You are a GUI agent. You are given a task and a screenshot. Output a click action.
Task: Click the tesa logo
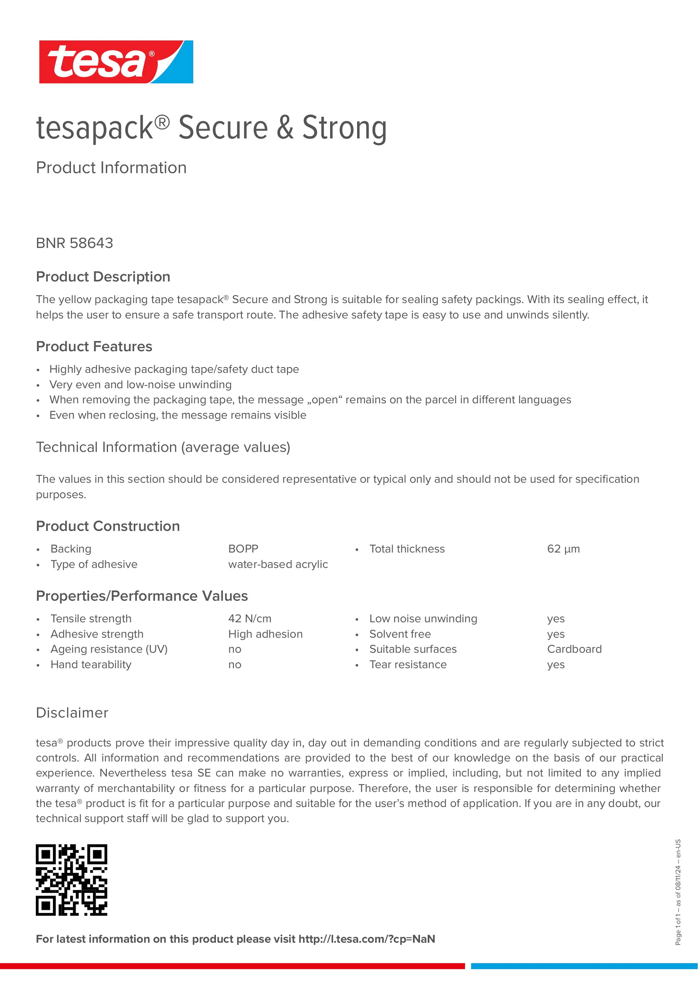[116, 62]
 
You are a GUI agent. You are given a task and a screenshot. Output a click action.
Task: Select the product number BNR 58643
[74, 243]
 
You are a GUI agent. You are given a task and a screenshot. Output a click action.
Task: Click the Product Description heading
[103, 277]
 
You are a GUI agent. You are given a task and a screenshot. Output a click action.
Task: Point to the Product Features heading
[94, 346]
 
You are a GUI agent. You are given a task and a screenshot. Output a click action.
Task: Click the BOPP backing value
[243, 549]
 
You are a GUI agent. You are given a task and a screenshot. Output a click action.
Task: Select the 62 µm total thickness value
[563, 549]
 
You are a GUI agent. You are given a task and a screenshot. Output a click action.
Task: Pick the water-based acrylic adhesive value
[278, 564]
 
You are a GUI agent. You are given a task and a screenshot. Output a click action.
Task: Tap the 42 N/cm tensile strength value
[250, 618]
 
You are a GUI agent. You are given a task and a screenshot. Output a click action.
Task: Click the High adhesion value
[265, 634]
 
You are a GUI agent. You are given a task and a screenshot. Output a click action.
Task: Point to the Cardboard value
[574, 649]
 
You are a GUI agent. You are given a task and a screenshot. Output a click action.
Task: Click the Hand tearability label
[91, 665]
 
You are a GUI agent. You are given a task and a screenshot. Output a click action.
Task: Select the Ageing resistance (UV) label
[109, 649]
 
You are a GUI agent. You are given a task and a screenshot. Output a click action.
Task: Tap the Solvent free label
[400, 634]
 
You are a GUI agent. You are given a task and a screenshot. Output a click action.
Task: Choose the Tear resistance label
[408, 665]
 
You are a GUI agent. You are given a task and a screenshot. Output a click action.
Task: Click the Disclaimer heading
[72, 713]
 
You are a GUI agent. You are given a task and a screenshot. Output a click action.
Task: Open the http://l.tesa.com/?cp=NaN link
[367, 939]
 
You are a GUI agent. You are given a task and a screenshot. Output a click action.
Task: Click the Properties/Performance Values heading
[142, 596]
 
